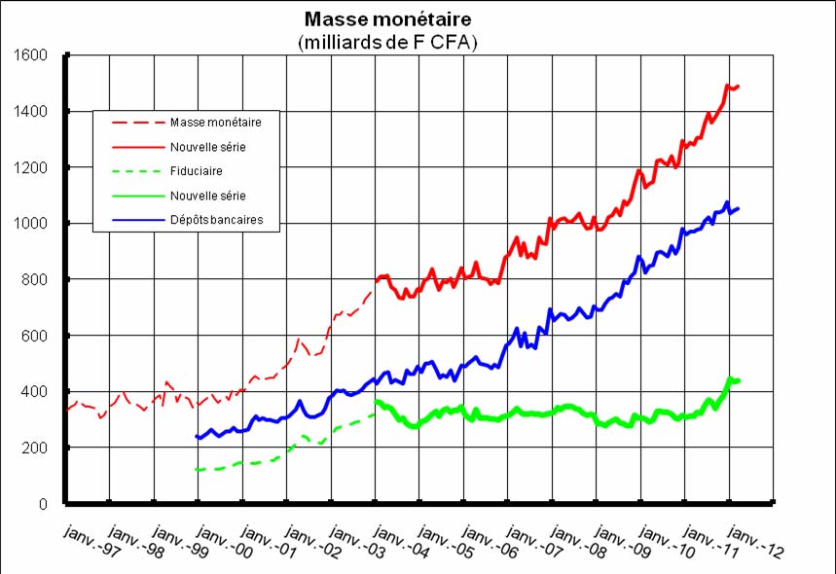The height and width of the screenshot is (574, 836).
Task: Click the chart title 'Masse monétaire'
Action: pos(389,19)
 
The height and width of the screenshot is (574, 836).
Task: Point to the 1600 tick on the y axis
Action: pos(36,55)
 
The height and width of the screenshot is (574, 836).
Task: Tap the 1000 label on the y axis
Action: pos(36,224)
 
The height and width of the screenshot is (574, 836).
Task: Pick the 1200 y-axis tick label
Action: pos(36,167)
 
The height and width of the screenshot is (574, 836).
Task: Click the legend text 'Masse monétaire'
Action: pos(223,123)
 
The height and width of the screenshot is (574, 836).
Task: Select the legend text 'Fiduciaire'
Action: pos(197,171)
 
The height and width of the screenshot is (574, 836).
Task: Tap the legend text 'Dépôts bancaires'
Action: pos(224,220)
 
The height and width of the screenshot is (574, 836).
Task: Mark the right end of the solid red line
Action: pos(739,86)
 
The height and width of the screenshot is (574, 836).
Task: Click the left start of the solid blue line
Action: pos(197,437)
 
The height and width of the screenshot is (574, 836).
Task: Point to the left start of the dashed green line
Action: pos(197,470)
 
